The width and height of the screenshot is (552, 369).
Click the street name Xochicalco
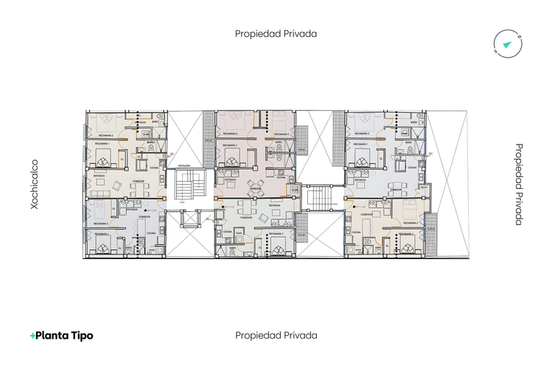(34, 184)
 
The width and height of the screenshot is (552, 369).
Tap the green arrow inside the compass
(506, 45)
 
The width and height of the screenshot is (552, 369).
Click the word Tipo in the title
(80, 335)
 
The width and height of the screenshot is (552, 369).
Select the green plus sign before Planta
(32, 335)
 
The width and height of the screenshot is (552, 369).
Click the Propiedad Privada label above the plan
(276, 33)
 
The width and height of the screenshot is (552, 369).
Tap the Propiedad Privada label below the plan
(276, 335)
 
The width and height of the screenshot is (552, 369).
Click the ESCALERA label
(184, 165)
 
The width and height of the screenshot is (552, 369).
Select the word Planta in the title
(53, 335)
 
